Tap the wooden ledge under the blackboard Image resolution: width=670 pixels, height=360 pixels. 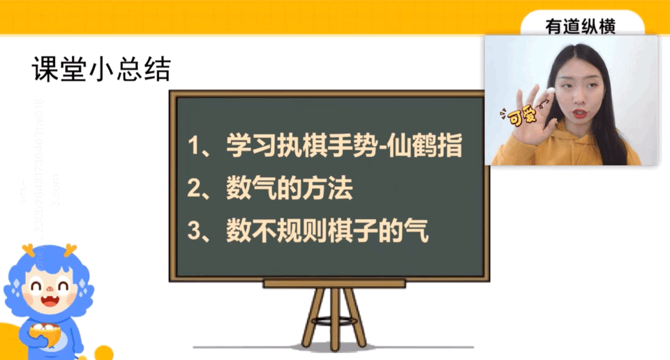[x=334, y=283]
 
